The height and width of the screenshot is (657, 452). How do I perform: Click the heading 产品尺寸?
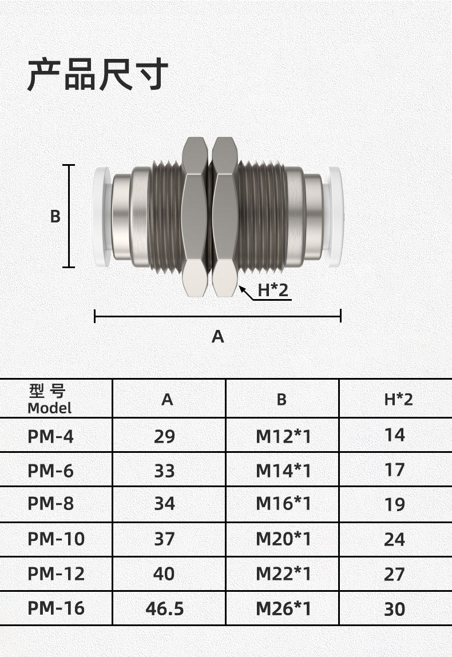click(x=98, y=74)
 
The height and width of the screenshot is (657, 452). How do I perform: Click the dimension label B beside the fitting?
click(x=55, y=217)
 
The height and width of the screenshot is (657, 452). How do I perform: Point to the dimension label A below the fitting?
click(x=218, y=337)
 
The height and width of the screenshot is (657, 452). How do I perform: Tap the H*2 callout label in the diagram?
click(x=273, y=290)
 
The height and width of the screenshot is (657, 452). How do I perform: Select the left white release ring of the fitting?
click(x=102, y=216)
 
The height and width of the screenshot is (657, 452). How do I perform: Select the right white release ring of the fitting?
click(x=334, y=216)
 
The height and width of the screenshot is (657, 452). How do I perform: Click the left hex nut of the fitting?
click(x=195, y=216)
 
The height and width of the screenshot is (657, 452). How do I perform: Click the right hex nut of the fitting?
click(x=224, y=216)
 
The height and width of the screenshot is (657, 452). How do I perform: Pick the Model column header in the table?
click(x=50, y=399)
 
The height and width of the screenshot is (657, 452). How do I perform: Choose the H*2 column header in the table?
click(x=398, y=399)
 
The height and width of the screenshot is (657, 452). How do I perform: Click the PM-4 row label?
click(x=50, y=436)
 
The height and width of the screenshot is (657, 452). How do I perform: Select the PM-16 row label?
click(x=56, y=608)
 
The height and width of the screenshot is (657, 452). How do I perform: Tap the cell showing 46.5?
click(x=165, y=608)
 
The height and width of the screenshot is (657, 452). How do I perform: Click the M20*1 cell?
click(x=283, y=539)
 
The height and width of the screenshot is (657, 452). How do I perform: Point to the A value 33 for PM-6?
click(x=165, y=471)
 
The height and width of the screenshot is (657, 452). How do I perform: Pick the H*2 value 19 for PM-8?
click(x=395, y=504)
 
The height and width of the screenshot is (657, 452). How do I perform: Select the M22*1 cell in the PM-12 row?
click(x=283, y=574)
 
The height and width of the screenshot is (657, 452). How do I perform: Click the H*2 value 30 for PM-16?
click(x=395, y=609)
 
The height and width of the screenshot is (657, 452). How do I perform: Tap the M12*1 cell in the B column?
click(x=283, y=436)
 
